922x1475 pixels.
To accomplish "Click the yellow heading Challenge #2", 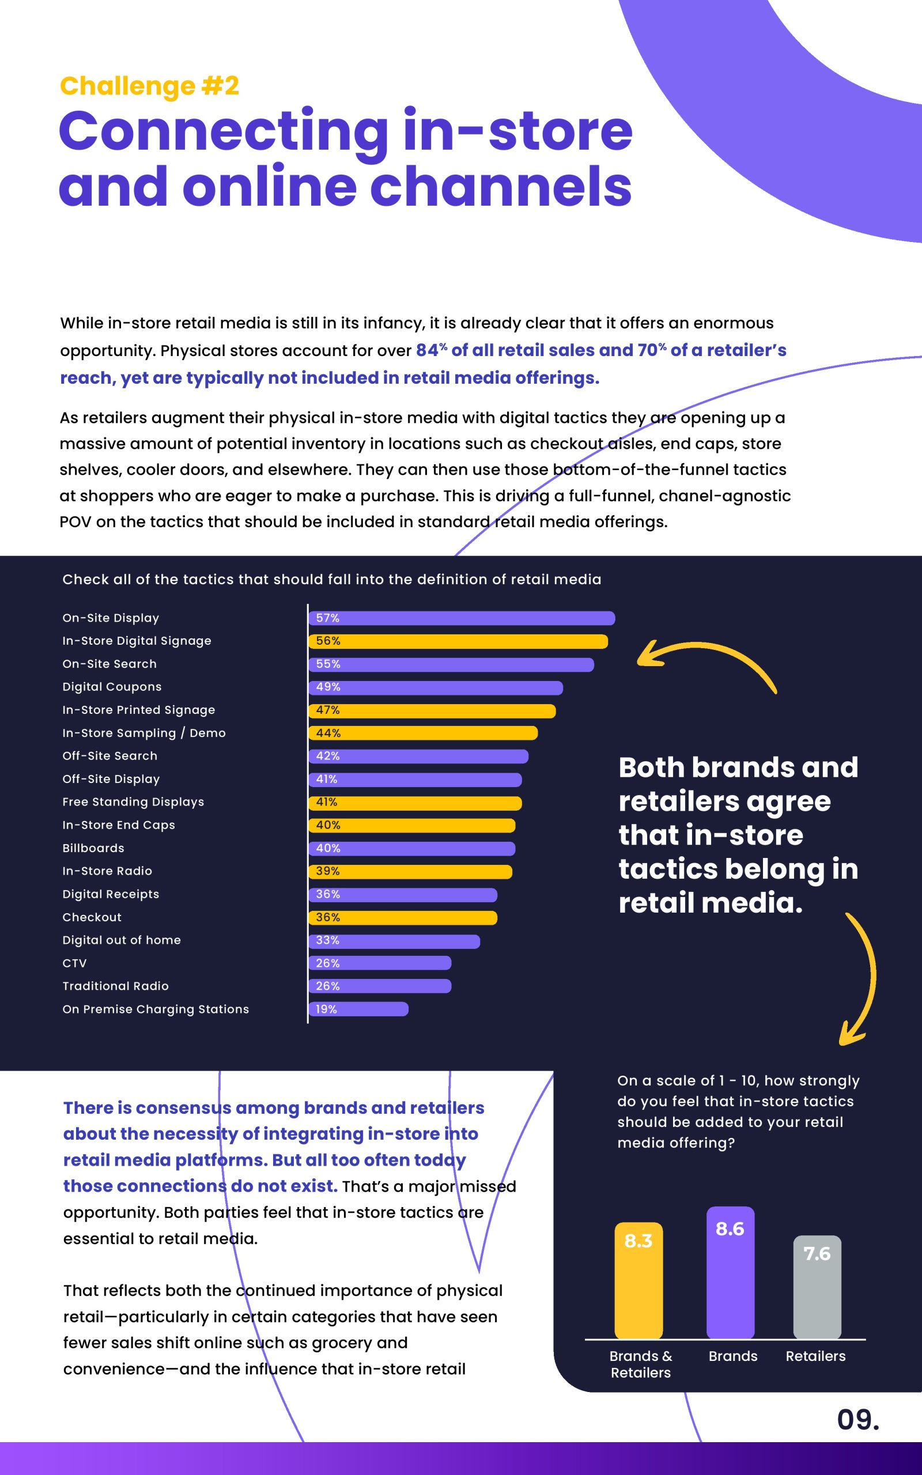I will coord(149,86).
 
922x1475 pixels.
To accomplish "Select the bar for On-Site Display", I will coord(462,618).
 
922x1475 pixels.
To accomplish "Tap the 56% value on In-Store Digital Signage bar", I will coord(328,641).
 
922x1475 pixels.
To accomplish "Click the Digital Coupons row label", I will coord(112,687).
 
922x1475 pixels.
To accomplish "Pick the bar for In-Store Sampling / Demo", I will coord(423,733).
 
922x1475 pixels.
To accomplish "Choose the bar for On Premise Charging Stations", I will coord(358,1009).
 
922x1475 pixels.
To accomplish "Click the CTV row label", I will coord(74,963).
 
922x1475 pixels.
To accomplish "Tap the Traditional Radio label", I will coord(115,986).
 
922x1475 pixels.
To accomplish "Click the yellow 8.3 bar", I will coord(638,1280).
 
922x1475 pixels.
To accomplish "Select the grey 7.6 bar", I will coord(817,1287).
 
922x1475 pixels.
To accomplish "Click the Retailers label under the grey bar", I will coord(815,1356).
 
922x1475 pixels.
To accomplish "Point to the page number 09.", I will coord(857,1420).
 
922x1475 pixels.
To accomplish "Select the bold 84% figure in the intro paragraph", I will coord(430,350).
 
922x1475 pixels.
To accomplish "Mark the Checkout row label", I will coord(92,917).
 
